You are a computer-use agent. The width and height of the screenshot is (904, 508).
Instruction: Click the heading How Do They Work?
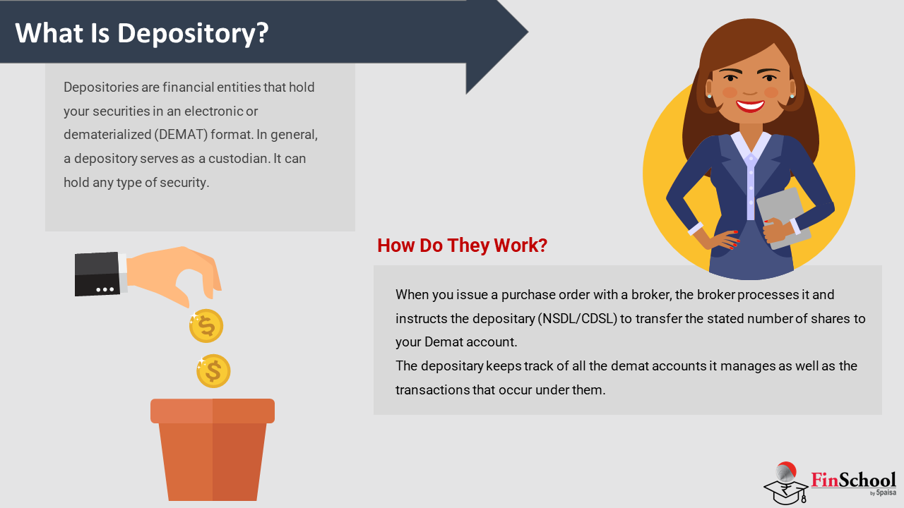462,245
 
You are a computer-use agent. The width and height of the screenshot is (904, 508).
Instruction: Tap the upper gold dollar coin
206,326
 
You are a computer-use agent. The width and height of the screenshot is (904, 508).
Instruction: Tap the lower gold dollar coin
213,371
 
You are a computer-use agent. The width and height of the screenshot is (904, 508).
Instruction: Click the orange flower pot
213,449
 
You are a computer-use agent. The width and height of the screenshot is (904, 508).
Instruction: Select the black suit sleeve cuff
97,274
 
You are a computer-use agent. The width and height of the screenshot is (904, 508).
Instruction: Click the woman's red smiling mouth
750,106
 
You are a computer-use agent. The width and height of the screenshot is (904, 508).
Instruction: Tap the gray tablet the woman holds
783,218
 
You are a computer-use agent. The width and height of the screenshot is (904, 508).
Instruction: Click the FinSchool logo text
853,480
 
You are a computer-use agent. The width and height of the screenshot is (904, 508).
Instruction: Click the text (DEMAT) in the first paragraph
181,134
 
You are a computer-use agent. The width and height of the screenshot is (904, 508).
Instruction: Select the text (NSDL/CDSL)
578,318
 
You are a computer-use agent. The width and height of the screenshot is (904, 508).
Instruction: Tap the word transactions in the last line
433,390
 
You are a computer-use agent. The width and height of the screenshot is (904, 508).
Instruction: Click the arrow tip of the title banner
528,32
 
